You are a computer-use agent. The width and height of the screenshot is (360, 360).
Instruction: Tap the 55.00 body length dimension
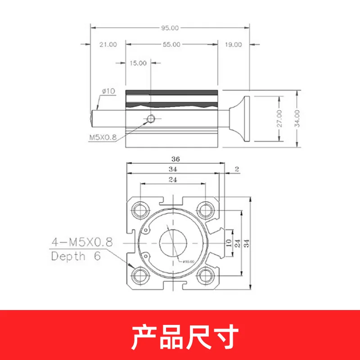point(171,45)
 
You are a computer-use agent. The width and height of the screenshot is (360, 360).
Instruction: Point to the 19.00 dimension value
point(233,45)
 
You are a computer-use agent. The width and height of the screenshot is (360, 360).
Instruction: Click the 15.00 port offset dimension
point(138,63)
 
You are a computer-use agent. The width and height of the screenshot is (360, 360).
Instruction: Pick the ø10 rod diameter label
point(109,91)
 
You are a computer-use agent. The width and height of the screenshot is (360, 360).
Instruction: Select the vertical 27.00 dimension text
point(279,118)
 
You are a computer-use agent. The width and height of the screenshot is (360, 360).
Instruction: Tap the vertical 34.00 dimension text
point(297,118)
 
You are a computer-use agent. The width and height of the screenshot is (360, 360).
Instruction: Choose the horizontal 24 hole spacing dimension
point(173,179)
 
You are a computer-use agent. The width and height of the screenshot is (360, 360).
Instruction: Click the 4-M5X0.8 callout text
point(81,243)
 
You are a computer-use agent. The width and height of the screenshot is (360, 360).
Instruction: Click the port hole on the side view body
point(151,119)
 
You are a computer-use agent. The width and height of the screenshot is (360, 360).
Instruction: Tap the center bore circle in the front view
point(173,243)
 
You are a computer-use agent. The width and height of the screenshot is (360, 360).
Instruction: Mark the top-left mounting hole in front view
point(140,209)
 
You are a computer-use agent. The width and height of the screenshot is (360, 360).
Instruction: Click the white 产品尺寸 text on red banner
point(184,335)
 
